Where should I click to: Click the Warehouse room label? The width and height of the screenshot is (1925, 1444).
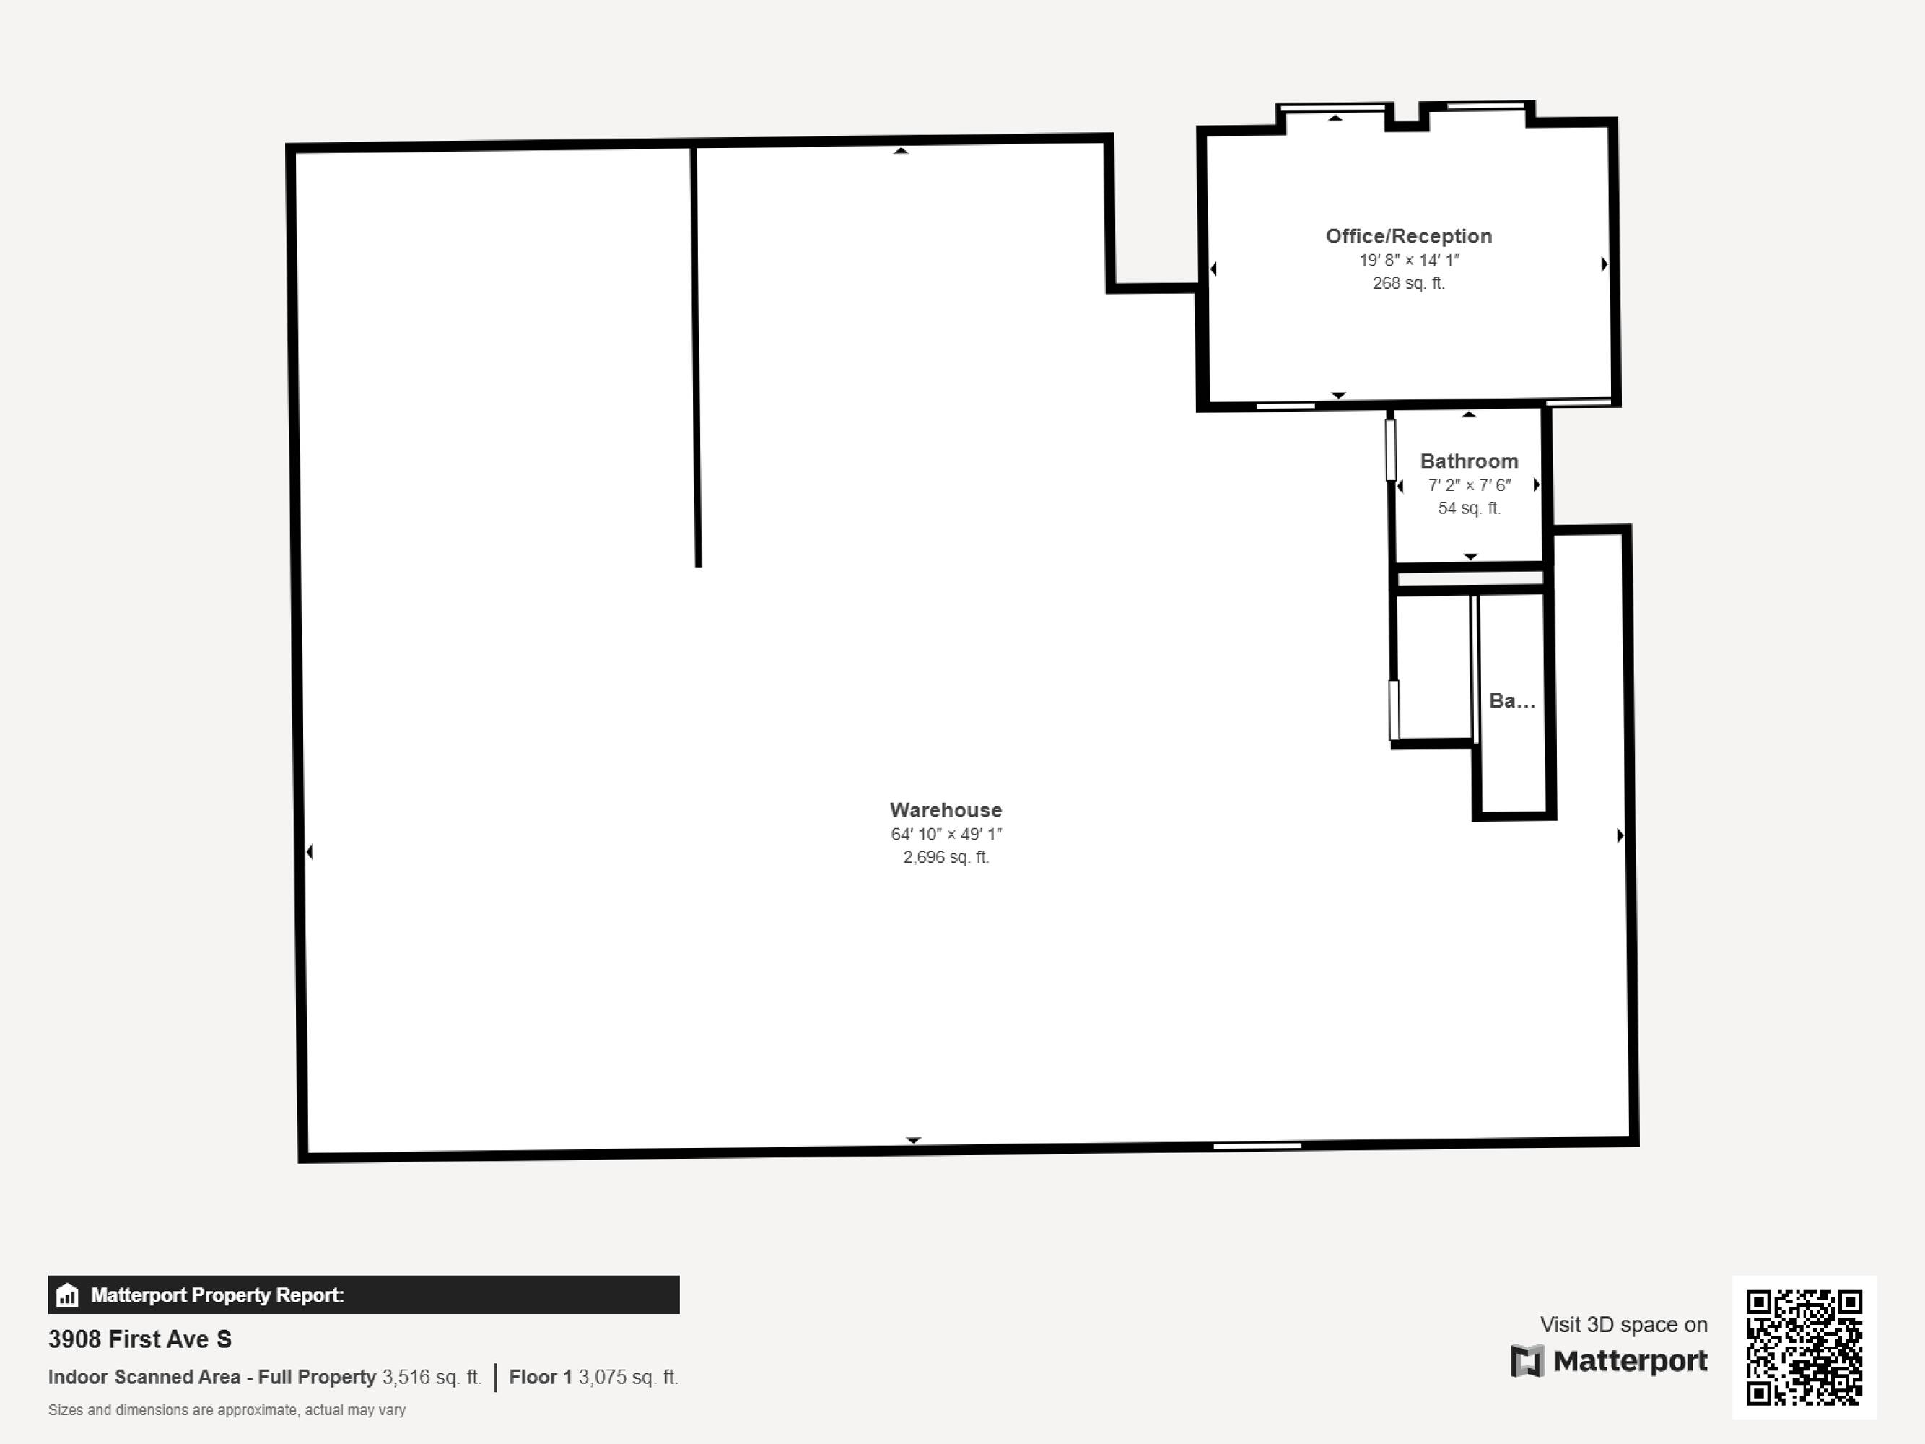tap(946, 809)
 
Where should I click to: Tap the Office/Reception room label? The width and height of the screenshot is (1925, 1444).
tap(1409, 236)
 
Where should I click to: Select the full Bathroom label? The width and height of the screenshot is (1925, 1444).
tap(1469, 461)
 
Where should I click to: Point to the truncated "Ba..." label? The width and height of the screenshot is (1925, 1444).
tap(1511, 700)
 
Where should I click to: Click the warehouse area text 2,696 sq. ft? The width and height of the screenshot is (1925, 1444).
tap(946, 857)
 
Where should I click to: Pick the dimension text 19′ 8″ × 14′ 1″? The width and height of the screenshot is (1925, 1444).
tap(1409, 260)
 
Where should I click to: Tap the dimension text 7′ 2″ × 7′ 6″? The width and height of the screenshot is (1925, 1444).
tap(1469, 484)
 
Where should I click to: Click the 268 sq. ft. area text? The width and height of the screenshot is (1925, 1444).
tap(1409, 283)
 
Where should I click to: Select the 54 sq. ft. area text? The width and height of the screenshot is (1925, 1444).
tap(1469, 508)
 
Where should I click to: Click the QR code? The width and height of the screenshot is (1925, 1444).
tap(1804, 1347)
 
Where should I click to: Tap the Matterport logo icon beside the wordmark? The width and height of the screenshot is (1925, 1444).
tap(1527, 1361)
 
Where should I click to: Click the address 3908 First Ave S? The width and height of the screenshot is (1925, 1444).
tap(140, 1339)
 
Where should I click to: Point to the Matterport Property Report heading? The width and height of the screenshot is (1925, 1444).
tap(217, 1295)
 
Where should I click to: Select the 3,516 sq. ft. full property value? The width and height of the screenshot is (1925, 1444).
tap(432, 1377)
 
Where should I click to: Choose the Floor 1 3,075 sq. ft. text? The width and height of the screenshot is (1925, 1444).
tap(593, 1377)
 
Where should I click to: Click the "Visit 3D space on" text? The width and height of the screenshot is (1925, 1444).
tap(1624, 1325)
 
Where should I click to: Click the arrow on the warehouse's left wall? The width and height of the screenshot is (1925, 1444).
tap(310, 851)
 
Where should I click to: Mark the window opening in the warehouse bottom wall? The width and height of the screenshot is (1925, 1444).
tap(1257, 1147)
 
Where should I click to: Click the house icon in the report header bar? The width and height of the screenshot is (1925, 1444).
tap(67, 1295)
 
